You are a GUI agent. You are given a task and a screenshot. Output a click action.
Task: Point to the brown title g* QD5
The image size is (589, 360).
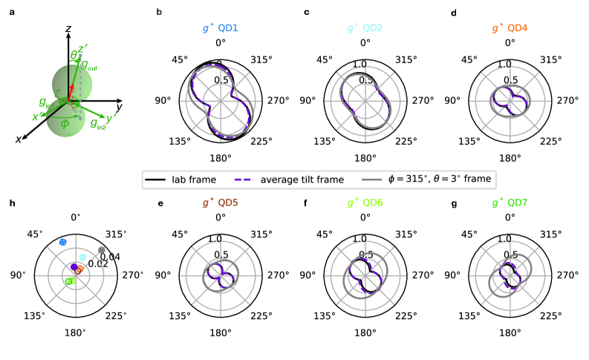pyautogui.click(x=220, y=202)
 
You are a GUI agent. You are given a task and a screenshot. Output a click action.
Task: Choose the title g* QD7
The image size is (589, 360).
pyautogui.click(x=510, y=202)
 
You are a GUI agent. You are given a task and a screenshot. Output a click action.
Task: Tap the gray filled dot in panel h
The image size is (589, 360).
pyautogui.click(x=102, y=249)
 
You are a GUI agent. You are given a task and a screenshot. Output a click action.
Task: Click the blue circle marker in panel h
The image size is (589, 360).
pyautogui.click(x=63, y=243)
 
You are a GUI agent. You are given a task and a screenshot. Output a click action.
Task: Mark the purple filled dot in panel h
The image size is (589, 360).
pyautogui.click(x=74, y=266)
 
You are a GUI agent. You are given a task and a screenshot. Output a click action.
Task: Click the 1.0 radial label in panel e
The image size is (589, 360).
pyautogui.click(x=216, y=239)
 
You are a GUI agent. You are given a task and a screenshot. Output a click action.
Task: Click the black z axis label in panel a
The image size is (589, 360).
pyautogui.click(x=68, y=28)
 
